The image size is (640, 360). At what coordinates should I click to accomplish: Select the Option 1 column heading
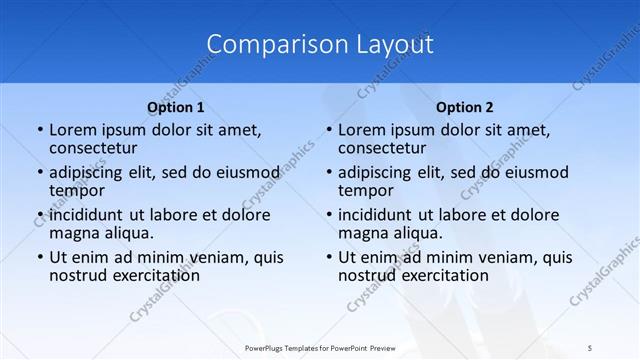176,107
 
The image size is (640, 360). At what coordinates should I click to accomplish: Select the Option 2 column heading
465,107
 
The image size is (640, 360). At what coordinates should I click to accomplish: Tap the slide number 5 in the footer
591,349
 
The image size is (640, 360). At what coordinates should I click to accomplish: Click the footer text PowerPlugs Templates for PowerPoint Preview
319,349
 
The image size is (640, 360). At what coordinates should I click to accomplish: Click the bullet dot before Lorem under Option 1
38,130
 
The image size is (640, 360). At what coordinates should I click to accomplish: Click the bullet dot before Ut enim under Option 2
327,257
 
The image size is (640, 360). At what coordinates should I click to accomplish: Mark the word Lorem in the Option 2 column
361,130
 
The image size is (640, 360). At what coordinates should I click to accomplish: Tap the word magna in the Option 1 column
73,232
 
